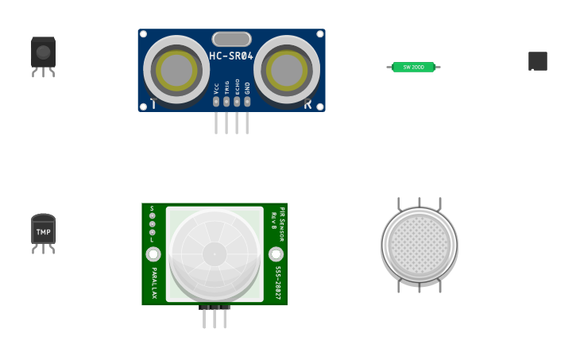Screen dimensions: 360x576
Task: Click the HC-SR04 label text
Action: click(x=231, y=56)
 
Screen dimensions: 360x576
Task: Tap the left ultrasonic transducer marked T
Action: click(x=176, y=69)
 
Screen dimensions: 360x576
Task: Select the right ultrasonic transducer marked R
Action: click(x=287, y=69)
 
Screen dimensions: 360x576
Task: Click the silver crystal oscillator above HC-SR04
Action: click(x=231, y=39)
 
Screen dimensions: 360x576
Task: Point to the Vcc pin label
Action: click(x=216, y=88)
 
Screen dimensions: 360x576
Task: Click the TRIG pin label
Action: click(x=226, y=87)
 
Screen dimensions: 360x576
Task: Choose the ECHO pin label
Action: click(x=237, y=87)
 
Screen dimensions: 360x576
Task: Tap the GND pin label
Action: click(x=247, y=87)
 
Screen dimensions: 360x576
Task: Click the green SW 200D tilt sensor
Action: click(x=413, y=68)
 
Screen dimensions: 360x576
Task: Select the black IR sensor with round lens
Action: click(x=43, y=54)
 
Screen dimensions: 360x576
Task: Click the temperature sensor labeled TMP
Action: click(x=43, y=232)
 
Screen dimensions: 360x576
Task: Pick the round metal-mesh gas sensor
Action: click(x=419, y=245)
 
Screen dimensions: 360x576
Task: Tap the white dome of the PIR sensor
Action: click(x=215, y=254)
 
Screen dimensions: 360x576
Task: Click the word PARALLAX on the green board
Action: click(x=154, y=283)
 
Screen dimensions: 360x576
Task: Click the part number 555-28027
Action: click(x=277, y=282)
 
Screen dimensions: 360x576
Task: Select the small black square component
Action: click(x=538, y=61)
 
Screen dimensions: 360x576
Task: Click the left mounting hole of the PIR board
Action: click(x=153, y=254)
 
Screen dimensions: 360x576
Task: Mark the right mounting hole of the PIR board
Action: click(x=276, y=254)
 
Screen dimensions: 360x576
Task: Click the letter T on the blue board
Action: click(x=153, y=103)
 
